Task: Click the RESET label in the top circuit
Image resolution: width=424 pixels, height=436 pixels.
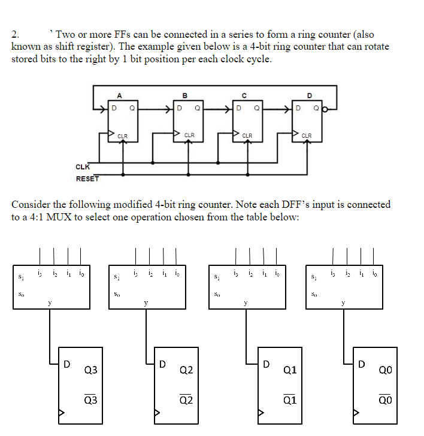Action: tap(87, 178)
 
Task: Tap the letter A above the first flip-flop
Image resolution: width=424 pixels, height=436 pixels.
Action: tap(119, 95)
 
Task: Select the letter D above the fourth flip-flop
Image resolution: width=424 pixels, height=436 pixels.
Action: tap(309, 95)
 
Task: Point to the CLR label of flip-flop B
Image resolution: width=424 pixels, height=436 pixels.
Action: tap(189, 135)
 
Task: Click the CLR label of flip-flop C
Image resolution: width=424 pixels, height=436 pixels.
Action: tap(247, 135)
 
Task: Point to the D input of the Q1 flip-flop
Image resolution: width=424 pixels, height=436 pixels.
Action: tap(268, 364)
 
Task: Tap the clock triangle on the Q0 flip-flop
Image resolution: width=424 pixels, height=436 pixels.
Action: tap(356, 413)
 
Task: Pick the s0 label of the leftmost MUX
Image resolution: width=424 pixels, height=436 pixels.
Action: tap(22, 294)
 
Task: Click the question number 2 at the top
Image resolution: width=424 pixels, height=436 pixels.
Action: tap(15, 35)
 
